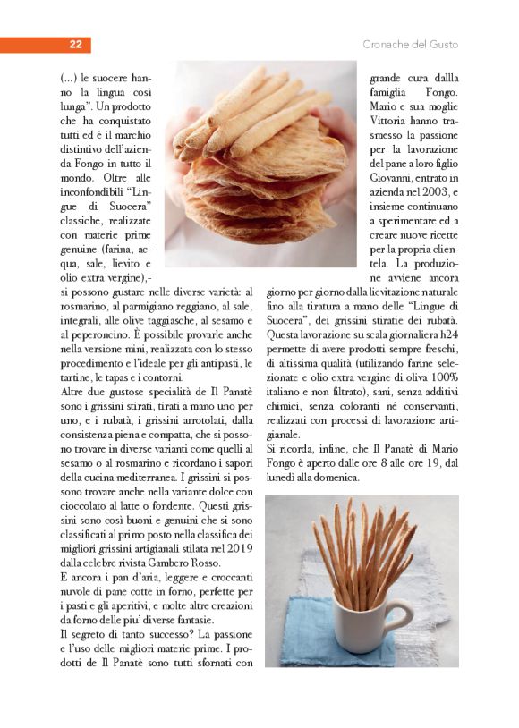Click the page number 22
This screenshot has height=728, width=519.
tap(76, 45)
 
